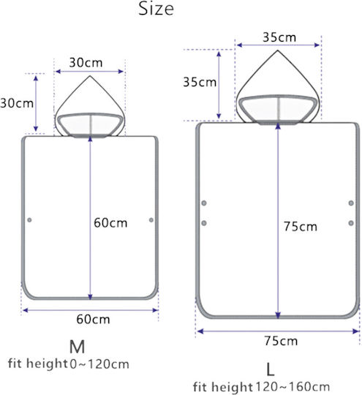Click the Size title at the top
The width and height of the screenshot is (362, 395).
pos(156,9)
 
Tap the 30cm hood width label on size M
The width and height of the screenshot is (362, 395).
pos(86,63)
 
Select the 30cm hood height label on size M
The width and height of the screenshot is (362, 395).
pos(17,103)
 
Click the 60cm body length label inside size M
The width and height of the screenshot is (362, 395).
pos(110,223)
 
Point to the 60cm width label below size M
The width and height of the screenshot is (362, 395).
pos(93,320)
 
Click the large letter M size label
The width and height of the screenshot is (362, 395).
pos(77,347)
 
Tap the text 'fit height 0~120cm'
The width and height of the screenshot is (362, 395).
pos(69,364)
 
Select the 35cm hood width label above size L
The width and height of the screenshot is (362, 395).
pos(279,37)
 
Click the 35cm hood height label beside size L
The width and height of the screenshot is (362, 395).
pos(200,82)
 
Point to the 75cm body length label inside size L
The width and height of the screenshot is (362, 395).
pos(301,227)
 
